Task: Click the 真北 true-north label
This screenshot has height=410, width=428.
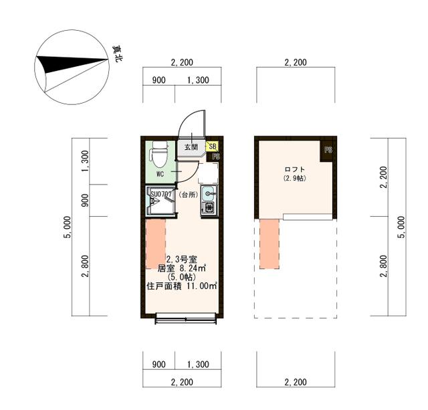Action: [x=117, y=54]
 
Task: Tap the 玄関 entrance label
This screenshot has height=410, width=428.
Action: [x=191, y=147]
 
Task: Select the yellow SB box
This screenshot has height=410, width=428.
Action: [x=212, y=146]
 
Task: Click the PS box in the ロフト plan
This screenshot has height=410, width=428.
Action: [x=328, y=150]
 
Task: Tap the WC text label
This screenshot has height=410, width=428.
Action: [x=160, y=174]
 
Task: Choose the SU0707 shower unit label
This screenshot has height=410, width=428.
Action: [x=161, y=195]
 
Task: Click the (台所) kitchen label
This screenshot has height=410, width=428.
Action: [x=188, y=195]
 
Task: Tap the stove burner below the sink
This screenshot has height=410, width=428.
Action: [x=208, y=208]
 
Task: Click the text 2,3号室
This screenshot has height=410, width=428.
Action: [x=181, y=259]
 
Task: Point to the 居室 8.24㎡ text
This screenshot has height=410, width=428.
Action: [x=181, y=268]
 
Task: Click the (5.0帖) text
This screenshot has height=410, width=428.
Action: [x=181, y=277]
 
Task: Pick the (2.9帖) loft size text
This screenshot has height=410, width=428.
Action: [x=294, y=179]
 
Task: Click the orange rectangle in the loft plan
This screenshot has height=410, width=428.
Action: [x=269, y=244]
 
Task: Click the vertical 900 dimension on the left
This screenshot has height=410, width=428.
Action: [x=85, y=200]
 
